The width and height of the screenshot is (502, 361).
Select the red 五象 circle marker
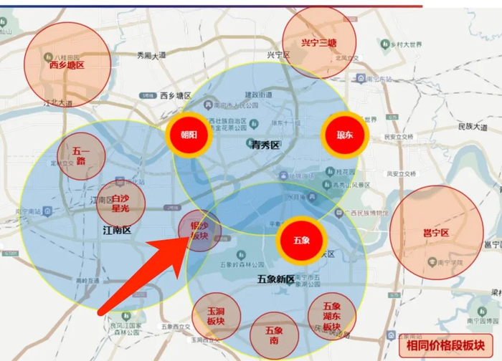click(x=301, y=239)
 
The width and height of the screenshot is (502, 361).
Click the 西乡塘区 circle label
click(x=67, y=64)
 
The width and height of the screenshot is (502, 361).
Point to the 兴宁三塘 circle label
click(x=319, y=43)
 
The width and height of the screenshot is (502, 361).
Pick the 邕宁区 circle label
click(x=435, y=234)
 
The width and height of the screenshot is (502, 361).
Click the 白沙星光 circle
click(x=121, y=203)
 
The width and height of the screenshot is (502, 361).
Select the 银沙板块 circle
click(x=199, y=231)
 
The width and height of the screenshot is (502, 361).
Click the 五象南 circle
click(x=275, y=336)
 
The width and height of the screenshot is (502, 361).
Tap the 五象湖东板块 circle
click(x=331, y=316)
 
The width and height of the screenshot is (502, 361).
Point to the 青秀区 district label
click(x=265, y=145)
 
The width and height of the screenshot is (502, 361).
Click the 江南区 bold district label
click(x=117, y=231)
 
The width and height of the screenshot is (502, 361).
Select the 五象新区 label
click(x=276, y=279)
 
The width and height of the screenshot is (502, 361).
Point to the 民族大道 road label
click(x=471, y=127)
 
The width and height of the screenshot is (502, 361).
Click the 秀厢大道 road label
click(x=151, y=55)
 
